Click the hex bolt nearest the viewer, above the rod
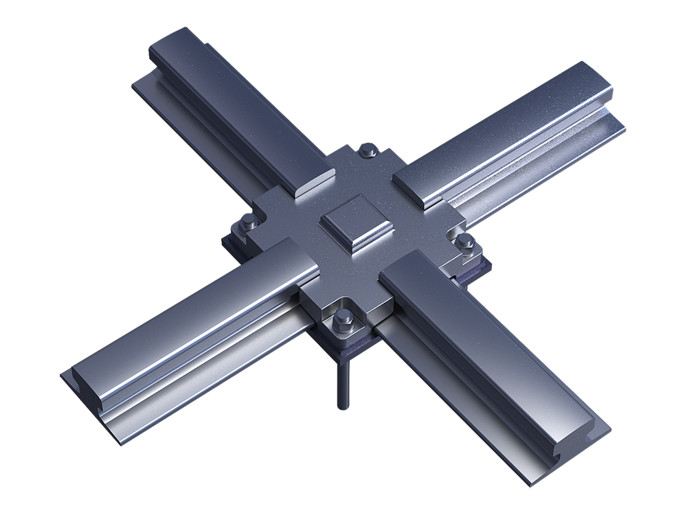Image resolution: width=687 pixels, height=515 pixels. pyautogui.click(x=343, y=319)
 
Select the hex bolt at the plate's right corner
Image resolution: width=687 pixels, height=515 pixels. pyautogui.click(x=466, y=242)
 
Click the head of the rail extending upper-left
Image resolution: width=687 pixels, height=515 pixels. pyautogui.click(x=234, y=103)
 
